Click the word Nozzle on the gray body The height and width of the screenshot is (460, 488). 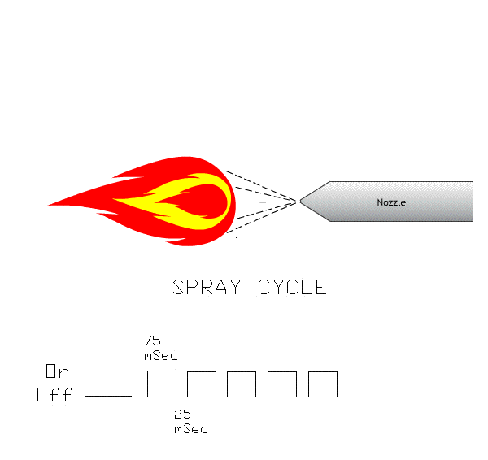[391, 202]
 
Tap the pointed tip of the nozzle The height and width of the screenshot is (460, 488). [300, 202]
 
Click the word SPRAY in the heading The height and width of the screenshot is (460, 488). [207, 287]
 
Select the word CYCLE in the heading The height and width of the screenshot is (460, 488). [292, 287]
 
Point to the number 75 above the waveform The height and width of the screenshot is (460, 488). [153, 341]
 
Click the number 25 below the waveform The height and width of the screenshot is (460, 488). [182, 414]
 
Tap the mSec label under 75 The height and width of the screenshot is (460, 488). [161, 356]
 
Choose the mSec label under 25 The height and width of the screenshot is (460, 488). [191, 429]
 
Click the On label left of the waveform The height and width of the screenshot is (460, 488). [58, 371]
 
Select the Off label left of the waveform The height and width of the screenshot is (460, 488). [54, 394]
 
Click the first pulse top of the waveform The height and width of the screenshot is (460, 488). [162, 371]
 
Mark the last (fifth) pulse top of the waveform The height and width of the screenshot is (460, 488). [323, 371]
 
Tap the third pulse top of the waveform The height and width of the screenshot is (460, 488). [242, 371]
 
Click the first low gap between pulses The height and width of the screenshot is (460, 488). [181, 397]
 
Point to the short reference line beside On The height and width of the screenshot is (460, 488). [108, 371]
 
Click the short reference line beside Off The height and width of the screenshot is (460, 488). [108, 396]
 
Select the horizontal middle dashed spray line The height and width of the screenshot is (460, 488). [268, 202]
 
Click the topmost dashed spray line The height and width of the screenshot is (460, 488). [261, 186]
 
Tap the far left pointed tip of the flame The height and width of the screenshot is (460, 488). [46, 206]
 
